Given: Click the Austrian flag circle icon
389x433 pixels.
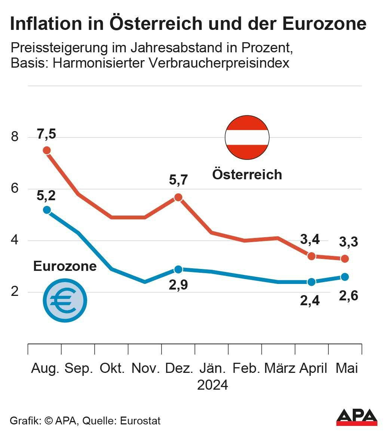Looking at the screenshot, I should coord(247,137).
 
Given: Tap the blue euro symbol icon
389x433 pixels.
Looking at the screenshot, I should coord(65,300).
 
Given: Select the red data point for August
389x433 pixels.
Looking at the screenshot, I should coord(47,150).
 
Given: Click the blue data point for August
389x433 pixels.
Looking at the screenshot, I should coord(47,210).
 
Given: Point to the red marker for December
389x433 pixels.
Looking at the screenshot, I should coord(178,197).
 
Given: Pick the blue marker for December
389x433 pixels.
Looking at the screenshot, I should coord(178,269).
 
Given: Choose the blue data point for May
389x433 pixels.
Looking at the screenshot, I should coord(345,277).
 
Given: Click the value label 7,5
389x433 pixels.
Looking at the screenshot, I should coord(46,134).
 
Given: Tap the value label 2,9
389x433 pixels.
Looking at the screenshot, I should coord(178,285).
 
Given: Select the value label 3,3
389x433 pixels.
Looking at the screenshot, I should coord(349,242).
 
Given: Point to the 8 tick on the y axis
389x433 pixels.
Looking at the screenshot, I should coord(15,137).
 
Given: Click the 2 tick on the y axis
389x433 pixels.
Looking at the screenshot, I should coord(15,292).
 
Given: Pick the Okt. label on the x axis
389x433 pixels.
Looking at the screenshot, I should coord(112,368).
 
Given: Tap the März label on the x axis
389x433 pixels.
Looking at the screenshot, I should coord(280,368).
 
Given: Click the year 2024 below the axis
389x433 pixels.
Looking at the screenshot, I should coord(212,385).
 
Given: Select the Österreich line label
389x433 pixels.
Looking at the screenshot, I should coord(247,174).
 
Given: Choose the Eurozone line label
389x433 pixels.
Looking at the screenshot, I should coord(65,266).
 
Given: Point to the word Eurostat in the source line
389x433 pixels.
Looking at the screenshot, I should coord(140,421).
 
